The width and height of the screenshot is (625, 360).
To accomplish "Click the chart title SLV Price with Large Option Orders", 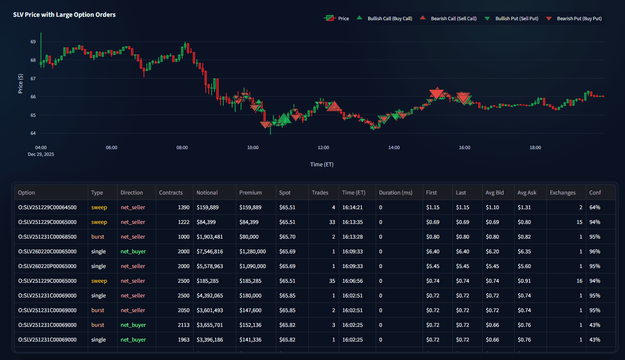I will point(64,15).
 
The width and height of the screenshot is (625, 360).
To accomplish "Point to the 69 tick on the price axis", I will point(33,42).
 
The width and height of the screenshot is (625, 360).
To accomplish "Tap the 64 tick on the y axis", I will point(33,134).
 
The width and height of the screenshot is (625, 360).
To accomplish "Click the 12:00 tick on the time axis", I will point(323,148).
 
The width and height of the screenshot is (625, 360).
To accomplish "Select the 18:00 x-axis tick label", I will point(535,148).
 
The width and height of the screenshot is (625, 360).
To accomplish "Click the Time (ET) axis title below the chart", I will point(322,165).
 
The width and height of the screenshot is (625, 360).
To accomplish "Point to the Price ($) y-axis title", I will point(21,84).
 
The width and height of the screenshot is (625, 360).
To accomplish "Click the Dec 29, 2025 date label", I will point(41,155).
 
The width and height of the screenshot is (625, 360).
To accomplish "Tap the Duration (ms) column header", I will point(395,193).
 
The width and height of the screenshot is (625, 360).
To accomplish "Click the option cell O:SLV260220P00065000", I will point(47,266).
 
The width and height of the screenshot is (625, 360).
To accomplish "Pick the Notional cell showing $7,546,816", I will point(209,252).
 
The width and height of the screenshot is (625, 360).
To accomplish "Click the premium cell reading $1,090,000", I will point(252,266).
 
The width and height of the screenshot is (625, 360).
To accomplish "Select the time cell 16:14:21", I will point(352,208).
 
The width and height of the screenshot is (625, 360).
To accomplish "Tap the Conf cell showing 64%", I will point(594,208).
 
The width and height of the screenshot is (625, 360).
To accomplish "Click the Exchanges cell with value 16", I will point(579,281).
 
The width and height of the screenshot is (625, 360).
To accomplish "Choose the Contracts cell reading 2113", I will point(183,325).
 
